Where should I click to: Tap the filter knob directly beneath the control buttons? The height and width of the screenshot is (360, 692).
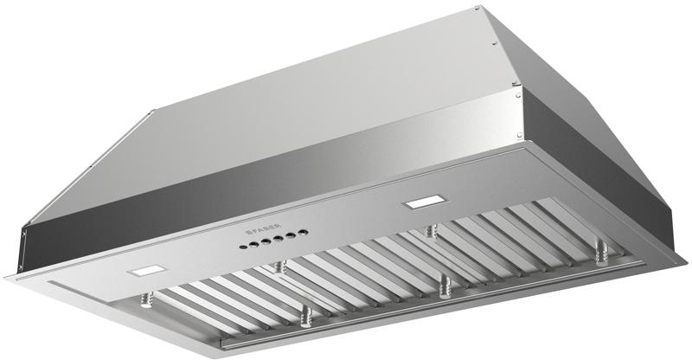[x=278, y=267]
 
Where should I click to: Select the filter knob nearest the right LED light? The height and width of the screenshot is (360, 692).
[x=429, y=231]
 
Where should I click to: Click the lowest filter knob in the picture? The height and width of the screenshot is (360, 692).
[x=304, y=318]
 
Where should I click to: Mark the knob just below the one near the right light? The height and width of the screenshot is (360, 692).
[x=444, y=286]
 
